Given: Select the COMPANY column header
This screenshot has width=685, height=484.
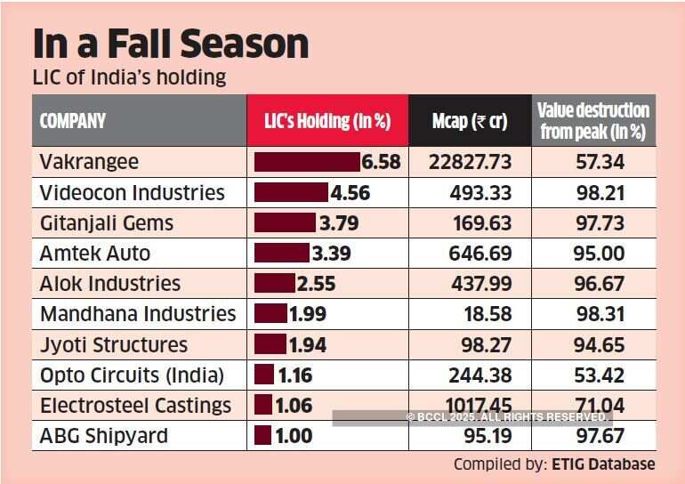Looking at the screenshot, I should coord(73,121).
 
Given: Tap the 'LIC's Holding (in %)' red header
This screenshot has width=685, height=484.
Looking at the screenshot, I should coord(327,121).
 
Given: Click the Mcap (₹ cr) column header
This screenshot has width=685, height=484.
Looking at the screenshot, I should coord(470,121).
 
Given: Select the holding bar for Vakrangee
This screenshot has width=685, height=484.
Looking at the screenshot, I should coord(307,162).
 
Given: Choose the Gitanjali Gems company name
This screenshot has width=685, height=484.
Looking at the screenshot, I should coord(107,222).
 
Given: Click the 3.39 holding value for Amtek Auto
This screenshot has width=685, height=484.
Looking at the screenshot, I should coord(331,254).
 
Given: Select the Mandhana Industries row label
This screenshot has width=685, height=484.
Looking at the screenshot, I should coord(138,314).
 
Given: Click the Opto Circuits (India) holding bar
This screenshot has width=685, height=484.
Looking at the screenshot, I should coord(264,375).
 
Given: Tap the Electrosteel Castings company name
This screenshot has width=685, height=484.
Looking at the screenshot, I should coord(135,406).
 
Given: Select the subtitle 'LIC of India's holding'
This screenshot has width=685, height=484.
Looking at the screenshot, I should coord(129,78).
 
